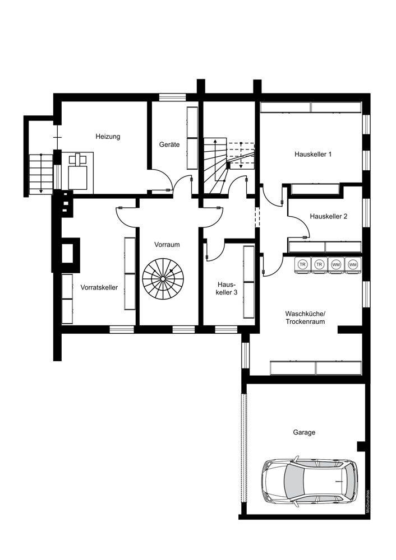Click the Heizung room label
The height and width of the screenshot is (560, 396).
(x=108, y=137)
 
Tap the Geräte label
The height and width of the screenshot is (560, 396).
(x=169, y=144)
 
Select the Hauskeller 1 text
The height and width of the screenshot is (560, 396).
(x=313, y=155)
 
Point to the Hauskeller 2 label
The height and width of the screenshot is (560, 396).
(x=328, y=216)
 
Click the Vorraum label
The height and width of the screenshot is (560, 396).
(x=167, y=245)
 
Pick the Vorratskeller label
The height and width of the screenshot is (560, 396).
(x=99, y=287)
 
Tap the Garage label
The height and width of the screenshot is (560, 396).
(x=304, y=432)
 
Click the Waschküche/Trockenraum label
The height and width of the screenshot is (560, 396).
(x=305, y=318)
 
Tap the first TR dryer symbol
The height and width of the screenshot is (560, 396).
(x=303, y=265)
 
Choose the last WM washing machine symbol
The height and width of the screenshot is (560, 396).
(x=353, y=265)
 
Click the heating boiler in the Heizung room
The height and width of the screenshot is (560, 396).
(x=78, y=171)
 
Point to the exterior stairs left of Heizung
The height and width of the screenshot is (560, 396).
(x=41, y=173)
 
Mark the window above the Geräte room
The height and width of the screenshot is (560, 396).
(x=172, y=97)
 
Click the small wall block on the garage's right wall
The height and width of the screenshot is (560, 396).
(x=361, y=446)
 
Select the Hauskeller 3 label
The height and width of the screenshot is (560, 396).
(x=227, y=288)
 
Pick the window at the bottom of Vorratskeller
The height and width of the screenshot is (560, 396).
(x=122, y=329)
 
